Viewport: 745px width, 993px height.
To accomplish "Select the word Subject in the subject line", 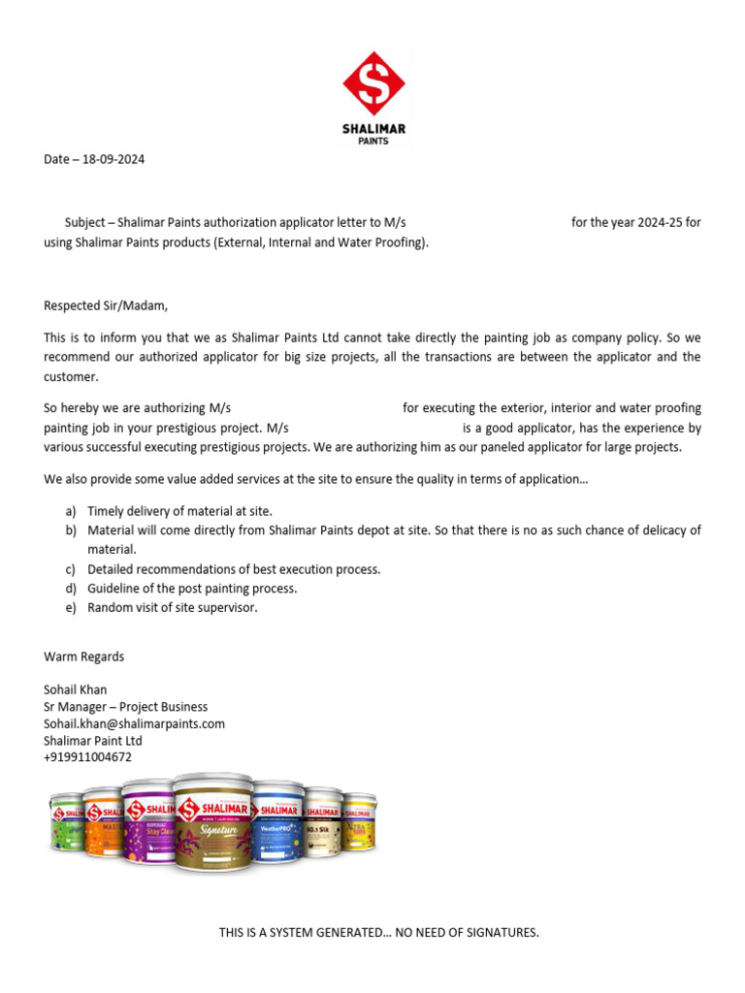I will point(84,223).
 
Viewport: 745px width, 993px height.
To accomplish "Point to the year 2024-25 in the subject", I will point(660,223).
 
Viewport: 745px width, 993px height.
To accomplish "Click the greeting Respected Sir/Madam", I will point(106,305).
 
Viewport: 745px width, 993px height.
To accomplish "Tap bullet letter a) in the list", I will point(71,511).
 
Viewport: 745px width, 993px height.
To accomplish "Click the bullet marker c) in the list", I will point(71,569).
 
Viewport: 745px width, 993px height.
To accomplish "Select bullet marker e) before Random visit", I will point(71,608).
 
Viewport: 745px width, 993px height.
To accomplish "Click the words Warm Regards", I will point(84,657).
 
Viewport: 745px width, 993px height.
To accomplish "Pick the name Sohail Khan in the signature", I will point(76,689).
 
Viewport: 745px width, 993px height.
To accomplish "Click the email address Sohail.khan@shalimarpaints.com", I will point(134,723).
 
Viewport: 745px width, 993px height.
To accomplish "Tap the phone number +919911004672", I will point(87,757).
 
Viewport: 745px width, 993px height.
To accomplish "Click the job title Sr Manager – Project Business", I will point(125,707).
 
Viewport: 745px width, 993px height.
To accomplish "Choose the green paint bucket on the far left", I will point(66,824).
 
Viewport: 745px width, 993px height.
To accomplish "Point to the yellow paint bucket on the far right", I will point(359,824).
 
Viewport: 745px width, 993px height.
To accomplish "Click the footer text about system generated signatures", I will point(378,933).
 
